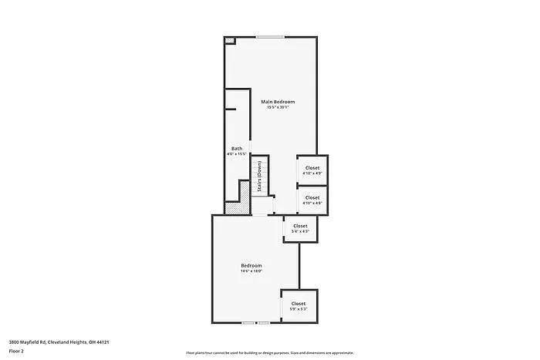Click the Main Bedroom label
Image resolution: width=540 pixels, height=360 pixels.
click(278, 102)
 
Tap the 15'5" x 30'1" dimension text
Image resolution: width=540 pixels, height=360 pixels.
click(278, 108)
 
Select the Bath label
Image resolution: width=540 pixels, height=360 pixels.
click(237, 148)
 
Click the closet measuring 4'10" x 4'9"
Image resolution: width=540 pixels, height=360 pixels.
click(312, 170)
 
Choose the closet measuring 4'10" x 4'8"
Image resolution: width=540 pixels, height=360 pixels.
click(312, 200)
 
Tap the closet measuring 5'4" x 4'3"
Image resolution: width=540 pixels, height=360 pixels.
click(300, 228)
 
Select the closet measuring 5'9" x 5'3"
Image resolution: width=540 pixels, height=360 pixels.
click(299, 306)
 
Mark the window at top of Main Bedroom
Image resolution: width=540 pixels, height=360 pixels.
click(270, 36)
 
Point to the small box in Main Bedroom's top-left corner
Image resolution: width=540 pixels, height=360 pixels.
click(229, 41)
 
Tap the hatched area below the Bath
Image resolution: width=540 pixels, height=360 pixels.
click(241, 192)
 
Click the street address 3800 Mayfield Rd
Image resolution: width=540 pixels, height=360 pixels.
click(59, 342)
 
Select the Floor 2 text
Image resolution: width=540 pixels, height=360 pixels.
click(16, 351)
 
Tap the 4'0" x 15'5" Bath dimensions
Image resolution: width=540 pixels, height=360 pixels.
click(237, 154)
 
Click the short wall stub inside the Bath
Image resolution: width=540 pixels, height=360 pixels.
click(231, 109)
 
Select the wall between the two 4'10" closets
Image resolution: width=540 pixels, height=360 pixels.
click(312, 186)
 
